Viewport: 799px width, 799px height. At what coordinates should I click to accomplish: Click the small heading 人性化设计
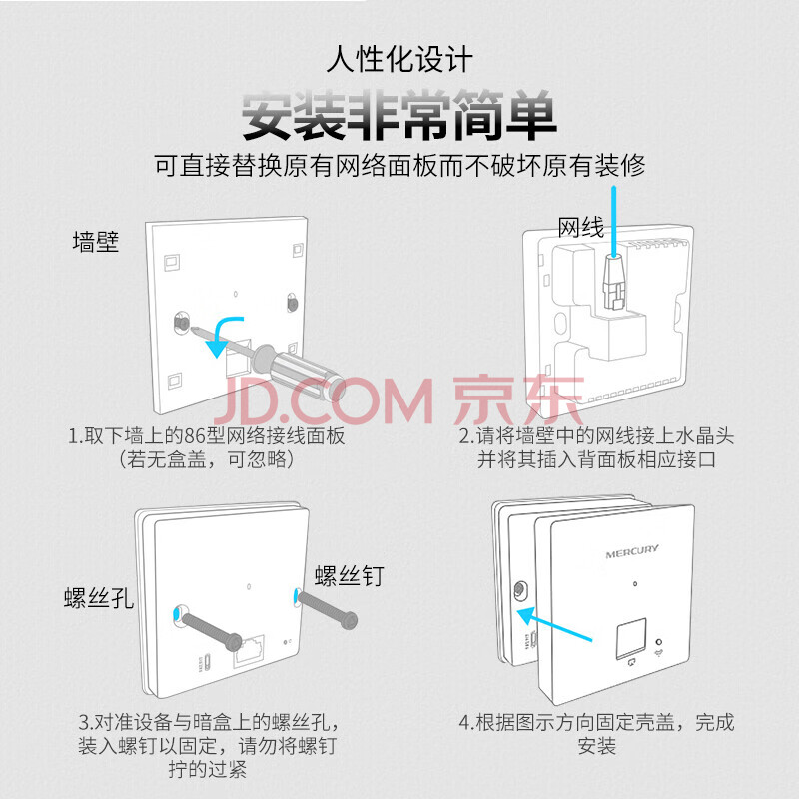399,59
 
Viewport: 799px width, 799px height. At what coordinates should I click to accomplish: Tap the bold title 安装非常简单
399,115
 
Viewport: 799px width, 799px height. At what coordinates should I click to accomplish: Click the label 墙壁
96,242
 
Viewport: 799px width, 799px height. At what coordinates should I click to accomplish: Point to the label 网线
581,228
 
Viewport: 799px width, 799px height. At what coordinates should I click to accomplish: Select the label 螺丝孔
98,597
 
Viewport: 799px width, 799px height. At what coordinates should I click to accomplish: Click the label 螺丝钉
349,576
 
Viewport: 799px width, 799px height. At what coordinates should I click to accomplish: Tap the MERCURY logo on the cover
632,551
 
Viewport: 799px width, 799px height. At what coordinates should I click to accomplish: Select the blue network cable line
614,221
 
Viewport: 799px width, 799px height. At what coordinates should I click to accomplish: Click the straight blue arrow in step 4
554,623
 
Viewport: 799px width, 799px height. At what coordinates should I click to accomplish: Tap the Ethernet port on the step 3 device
249,651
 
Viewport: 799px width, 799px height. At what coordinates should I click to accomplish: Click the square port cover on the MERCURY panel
631,638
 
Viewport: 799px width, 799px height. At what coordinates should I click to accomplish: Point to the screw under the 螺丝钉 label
327,609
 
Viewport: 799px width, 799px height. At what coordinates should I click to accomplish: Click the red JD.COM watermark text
324,401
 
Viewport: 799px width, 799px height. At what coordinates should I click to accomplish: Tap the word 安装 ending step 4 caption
596,746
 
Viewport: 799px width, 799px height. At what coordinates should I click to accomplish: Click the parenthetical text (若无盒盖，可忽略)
207,459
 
